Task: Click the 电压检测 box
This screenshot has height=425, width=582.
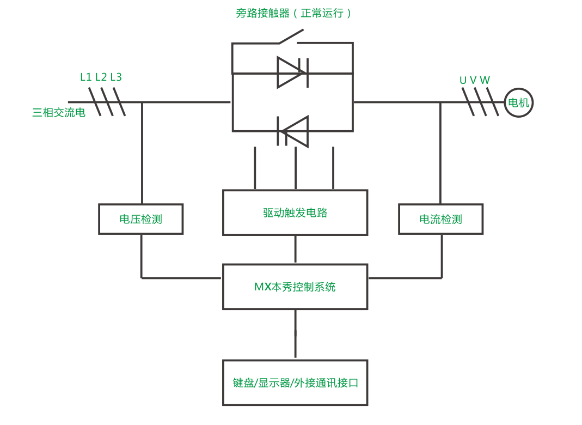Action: pos(140,219)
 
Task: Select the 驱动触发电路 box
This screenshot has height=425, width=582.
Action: pos(295,212)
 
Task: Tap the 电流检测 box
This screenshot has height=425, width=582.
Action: pos(440,219)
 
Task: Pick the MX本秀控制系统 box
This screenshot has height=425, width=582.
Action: pos(295,287)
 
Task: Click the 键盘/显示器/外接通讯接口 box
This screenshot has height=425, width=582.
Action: pos(295,382)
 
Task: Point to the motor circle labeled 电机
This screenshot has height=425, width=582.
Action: pos(518,102)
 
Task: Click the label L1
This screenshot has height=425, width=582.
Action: pos(86,77)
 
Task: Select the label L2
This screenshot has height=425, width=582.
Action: pos(101,77)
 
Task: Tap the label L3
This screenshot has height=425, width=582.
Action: pos(116,77)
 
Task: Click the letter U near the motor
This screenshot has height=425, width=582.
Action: pos(463,81)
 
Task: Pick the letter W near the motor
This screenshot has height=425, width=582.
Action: pos(485,81)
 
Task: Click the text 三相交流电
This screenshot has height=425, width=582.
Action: pos(59,113)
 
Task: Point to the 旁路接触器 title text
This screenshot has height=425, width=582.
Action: pos(262,13)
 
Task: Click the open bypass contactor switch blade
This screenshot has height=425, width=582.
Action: pos(291,35)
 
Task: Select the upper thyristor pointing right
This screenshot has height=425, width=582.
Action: pos(292,72)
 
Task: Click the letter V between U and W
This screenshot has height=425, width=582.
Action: pos(473,81)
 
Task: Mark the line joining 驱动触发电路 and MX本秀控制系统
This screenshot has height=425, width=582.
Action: pos(295,250)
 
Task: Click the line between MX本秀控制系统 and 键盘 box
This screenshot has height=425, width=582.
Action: pos(295,333)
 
